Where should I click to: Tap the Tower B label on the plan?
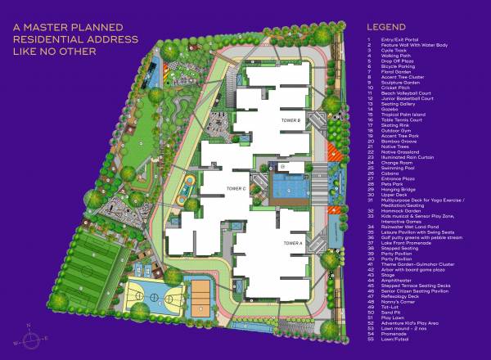pyautogui.click(x=292, y=120)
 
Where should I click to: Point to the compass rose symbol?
pyautogui.click(x=28, y=336)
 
